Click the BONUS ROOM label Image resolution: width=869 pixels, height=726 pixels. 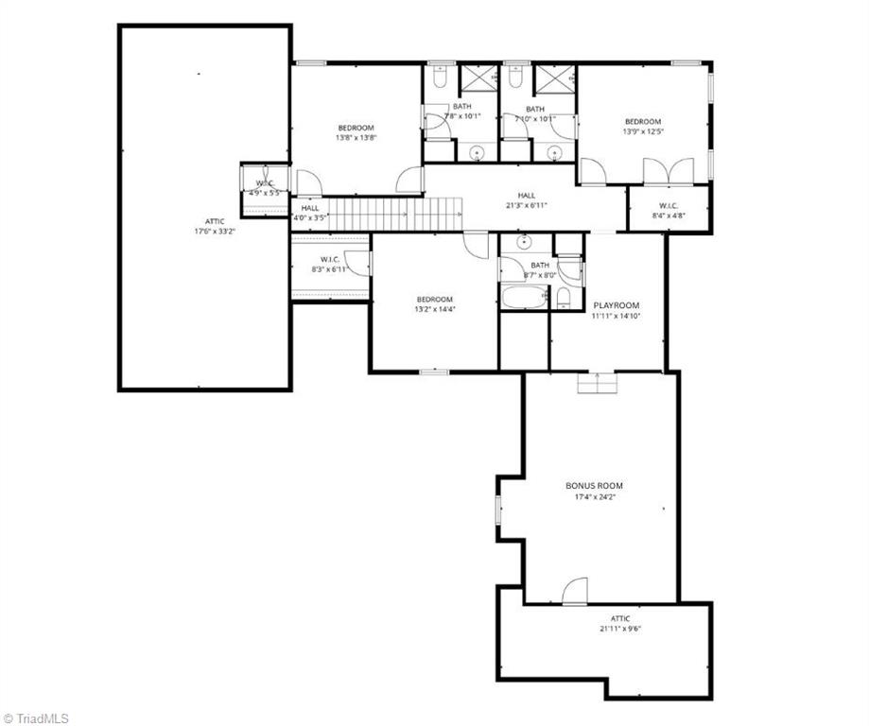point(594,486)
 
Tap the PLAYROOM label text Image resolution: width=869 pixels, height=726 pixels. point(616,305)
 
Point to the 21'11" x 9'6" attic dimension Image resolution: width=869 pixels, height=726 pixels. point(620,629)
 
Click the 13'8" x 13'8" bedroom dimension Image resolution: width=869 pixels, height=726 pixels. point(356,138)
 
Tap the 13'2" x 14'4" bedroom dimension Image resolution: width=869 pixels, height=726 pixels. point(435,308)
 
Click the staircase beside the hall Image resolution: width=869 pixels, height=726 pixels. point(392,214)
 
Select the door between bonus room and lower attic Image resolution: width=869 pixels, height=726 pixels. point(574,592)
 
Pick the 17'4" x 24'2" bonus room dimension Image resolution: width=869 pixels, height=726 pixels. point(594,497)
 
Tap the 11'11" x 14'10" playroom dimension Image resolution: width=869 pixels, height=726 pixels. point(616,317)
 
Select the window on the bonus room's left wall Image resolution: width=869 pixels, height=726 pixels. point(499,509)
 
